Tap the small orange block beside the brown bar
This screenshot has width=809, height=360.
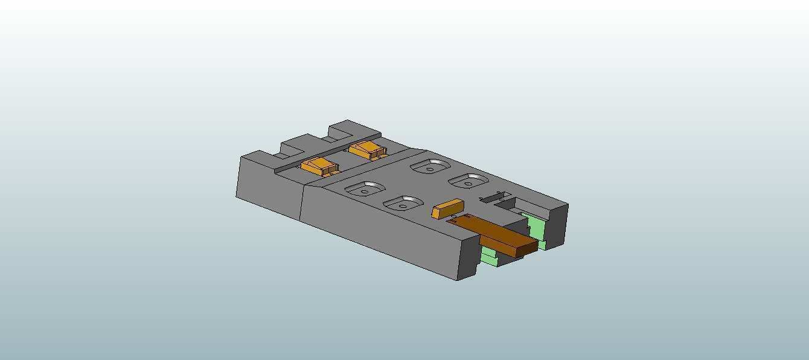447,208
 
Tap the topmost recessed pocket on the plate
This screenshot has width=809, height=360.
429,166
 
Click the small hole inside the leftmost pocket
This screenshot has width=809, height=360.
365,192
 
